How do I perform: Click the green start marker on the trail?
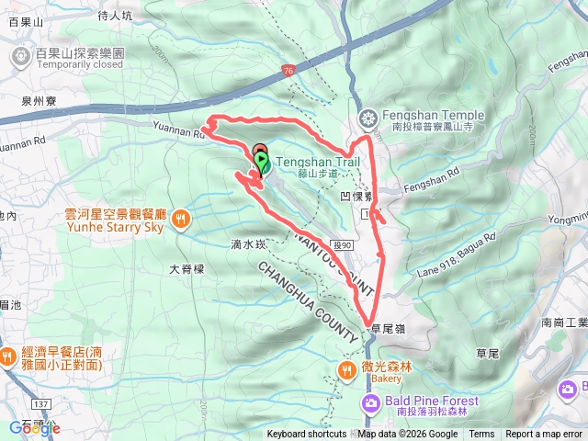[x=261, y=163]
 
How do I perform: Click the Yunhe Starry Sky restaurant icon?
[x=182, y=219]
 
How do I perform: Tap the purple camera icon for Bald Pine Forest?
[x=371, y=402]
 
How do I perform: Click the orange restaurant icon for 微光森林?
[x=346, y=371]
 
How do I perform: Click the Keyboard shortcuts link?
[x=307, y=435]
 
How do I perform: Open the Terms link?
[x=481, y=435]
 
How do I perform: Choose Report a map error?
[x=545, y=435]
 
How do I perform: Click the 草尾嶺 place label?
[x=389, y=327]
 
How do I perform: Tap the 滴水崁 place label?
[x=248, y=244]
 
